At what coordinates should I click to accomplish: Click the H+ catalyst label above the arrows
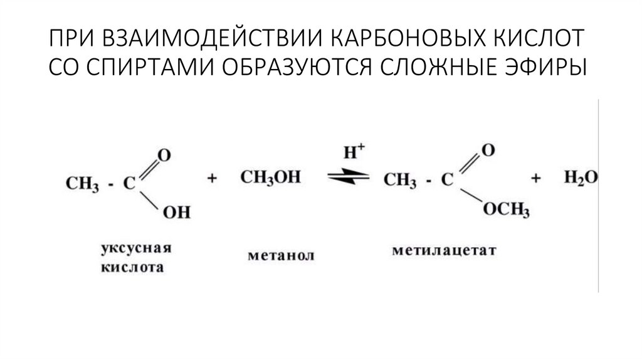click(350, 152)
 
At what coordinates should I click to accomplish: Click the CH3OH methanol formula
click(270, 177)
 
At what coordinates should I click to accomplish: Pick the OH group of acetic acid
click(176, 213)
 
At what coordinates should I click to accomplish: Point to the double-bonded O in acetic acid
click(164, 154)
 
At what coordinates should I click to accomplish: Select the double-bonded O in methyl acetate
click(488, 151)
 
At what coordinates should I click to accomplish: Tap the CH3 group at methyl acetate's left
click(400, 181)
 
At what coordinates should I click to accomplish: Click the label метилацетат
click(444, 251)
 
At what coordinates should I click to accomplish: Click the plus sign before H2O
click(536, 179)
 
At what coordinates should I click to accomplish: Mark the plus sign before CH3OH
click(212, 179)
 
